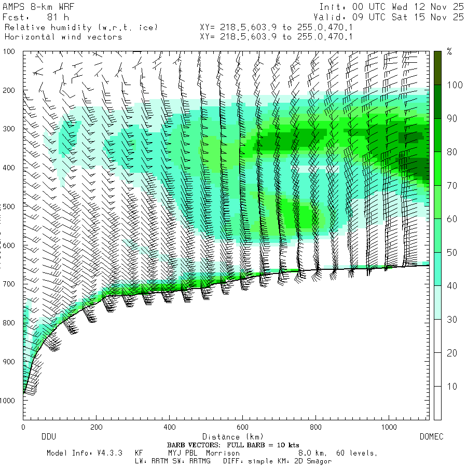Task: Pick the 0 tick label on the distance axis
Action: pyautogui.click(x=23, y=427)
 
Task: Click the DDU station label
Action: pyautogui.click(x=48, y=437)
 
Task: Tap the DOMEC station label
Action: pyautogui.click(x=431, y=437)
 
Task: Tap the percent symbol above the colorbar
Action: pyautogui.click(x=450, y=51)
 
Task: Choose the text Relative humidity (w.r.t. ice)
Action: pyautogui.click(x=81, y=27)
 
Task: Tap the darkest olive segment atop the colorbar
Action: pyautogui.click(x=438, y=67)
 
